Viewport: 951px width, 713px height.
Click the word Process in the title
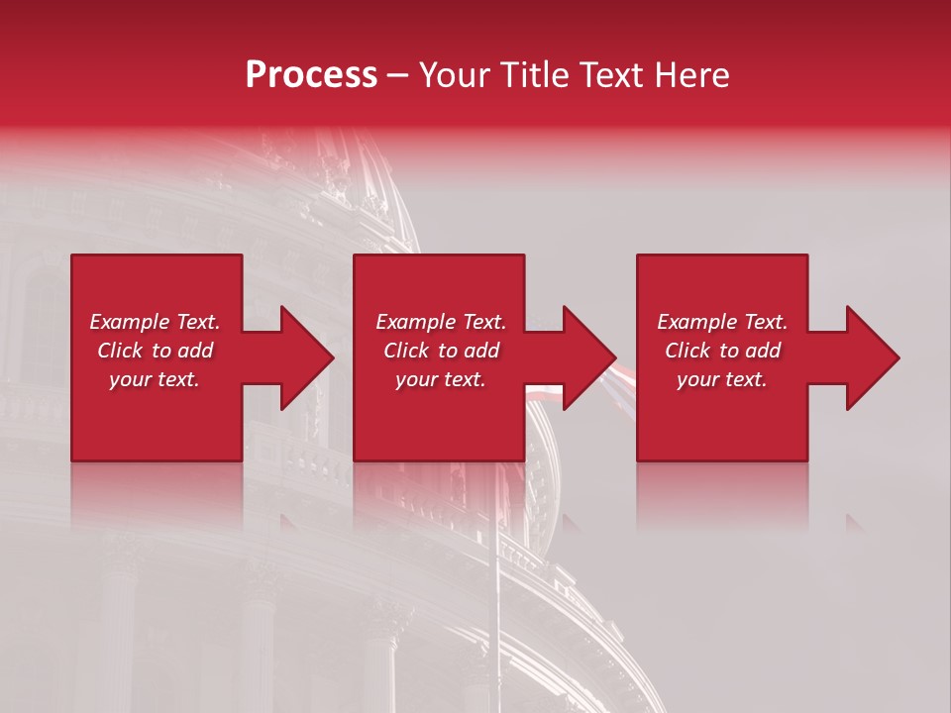(x=311, y=75)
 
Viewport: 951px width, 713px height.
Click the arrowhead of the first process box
(x=307, y=357)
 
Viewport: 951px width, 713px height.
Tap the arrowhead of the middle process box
(x=589, y=357)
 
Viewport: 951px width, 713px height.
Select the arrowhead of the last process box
(x=873, y=357)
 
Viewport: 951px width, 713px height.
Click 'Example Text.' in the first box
(x=155, y=322)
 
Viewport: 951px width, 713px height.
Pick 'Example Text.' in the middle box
(x=441, y=322)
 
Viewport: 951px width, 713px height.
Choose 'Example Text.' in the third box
(x=722, y=322)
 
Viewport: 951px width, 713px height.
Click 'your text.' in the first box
(x=155, y=379)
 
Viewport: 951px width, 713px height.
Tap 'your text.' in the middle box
(x=441, y=379)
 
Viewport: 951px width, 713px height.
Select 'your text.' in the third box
(x=722, y=379)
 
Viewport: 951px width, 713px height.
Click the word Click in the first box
(x=121, y=351)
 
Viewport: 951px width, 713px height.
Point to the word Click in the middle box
(x=407, y=351)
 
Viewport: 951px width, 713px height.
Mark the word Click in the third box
(x=688, y=351)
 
